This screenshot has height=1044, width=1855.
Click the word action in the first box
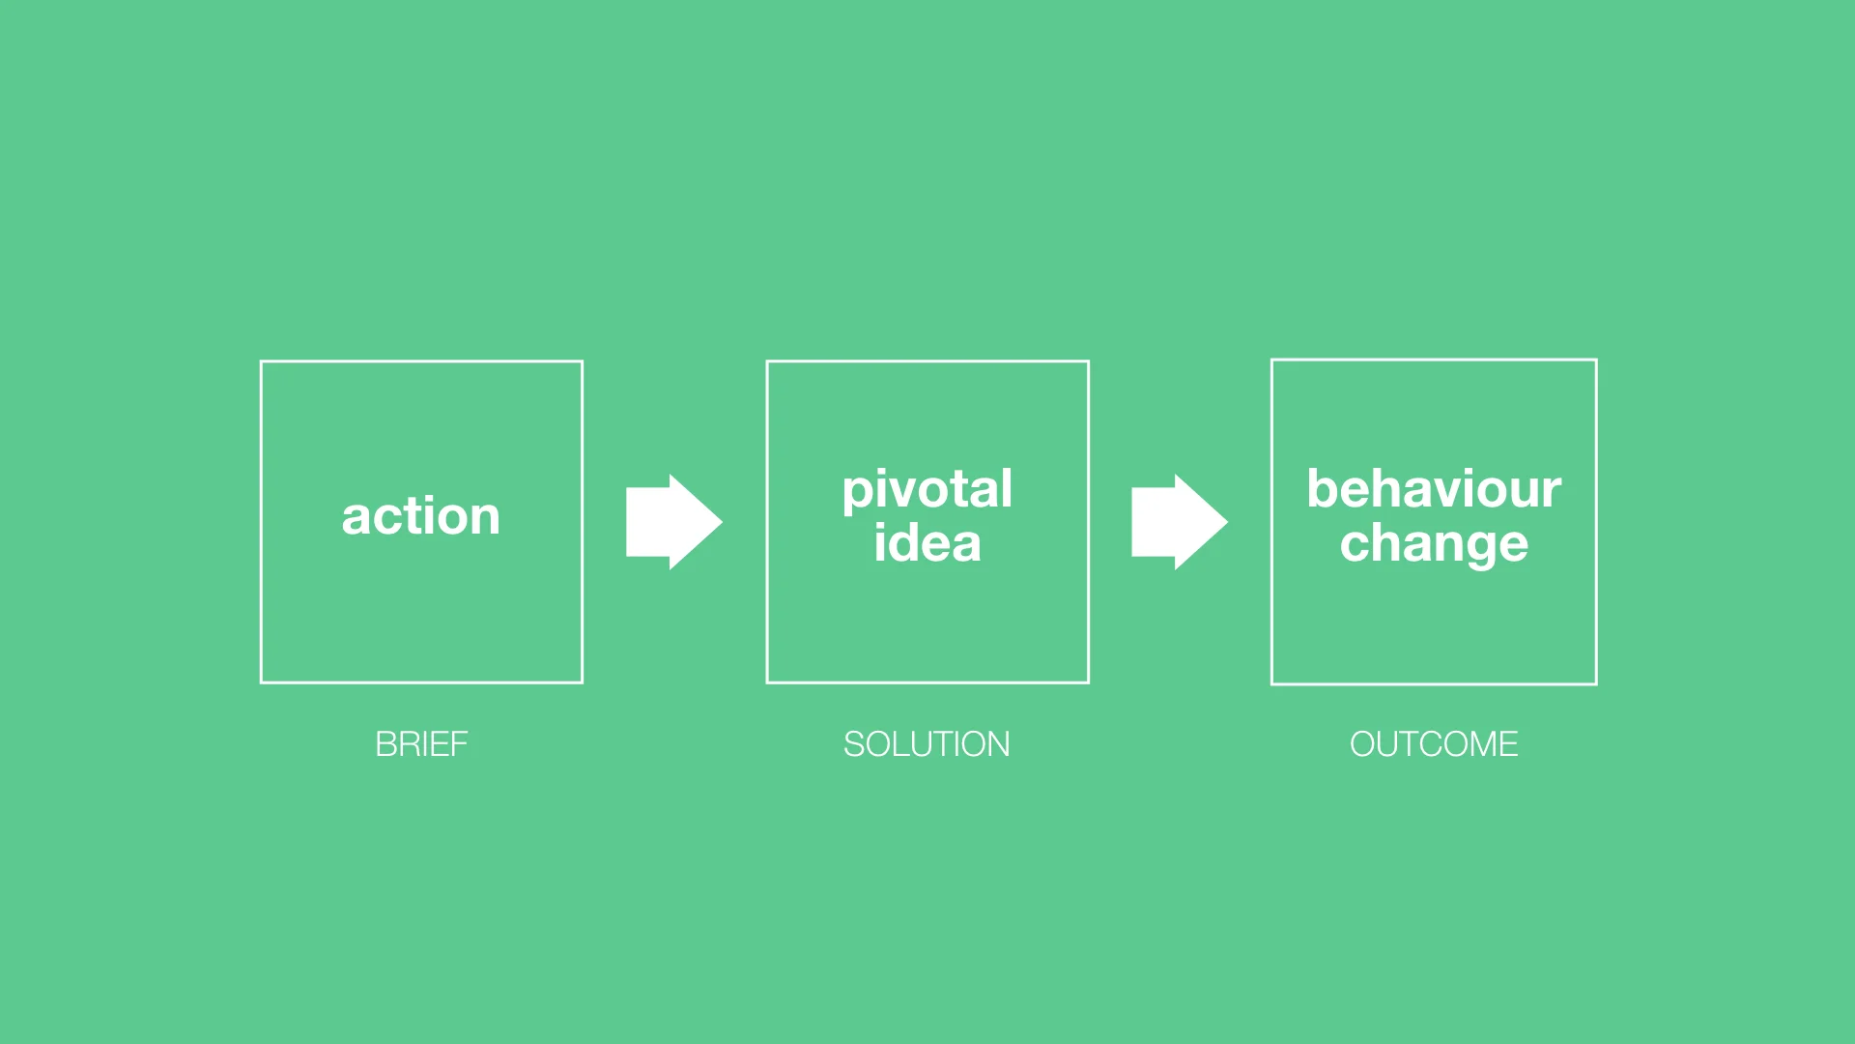point(421,516)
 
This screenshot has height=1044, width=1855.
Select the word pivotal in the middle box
point(927,490)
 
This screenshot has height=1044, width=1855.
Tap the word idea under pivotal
point(927,543)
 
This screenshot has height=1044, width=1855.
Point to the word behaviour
point(1434,489)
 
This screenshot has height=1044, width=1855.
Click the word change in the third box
point(1434,544)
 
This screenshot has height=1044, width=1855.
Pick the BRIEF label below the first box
point(421,744)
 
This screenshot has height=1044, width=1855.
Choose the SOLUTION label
point(927,744)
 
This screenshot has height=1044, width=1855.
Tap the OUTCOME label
point(1434,744)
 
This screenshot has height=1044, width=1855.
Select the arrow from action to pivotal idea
point(672,522)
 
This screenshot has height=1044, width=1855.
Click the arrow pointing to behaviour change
point(1178,522)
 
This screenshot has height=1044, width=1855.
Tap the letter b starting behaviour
point(1322,489)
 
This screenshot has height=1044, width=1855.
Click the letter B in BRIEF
point(385,744)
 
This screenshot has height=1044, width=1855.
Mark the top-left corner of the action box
point(262,362)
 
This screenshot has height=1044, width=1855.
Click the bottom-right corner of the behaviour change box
point(1595,682)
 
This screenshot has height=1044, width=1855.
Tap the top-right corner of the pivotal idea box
point(1088,362)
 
